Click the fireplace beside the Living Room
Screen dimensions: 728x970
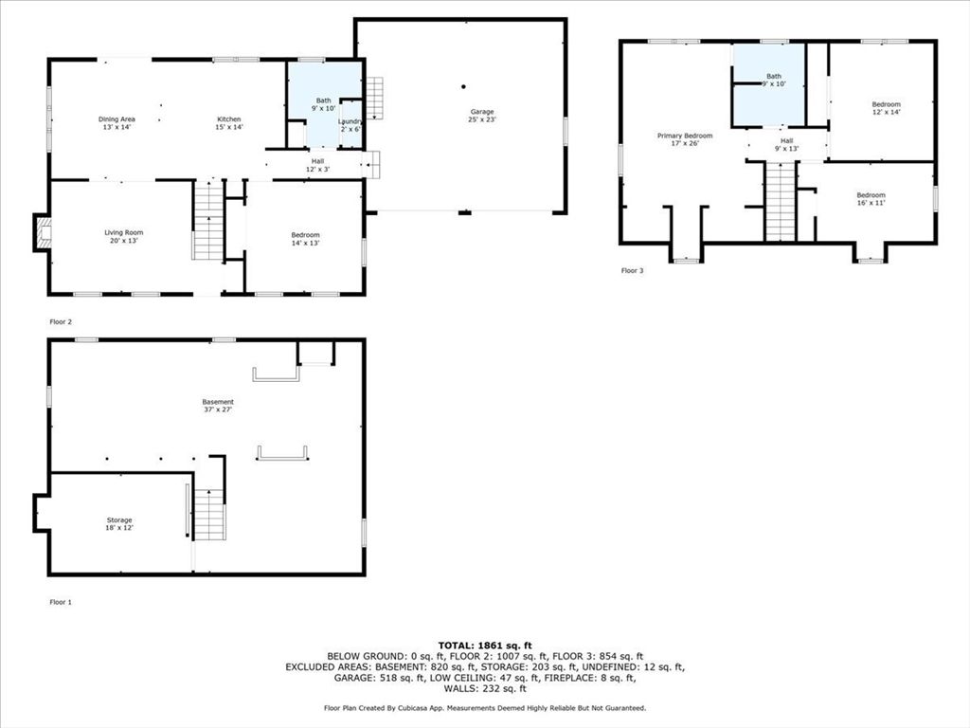tap(41, 232)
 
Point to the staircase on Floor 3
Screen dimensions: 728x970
tap(780, 200)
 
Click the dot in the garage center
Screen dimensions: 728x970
tap(464, 86)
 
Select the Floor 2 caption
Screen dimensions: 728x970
tap(61, 322)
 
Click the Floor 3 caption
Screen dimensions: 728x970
tap(632, 271)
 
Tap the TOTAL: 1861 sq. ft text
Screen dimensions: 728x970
tap(484, 645)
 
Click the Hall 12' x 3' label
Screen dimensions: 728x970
tap(317, 165)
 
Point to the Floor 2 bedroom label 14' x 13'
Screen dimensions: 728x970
tap(305, 239)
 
